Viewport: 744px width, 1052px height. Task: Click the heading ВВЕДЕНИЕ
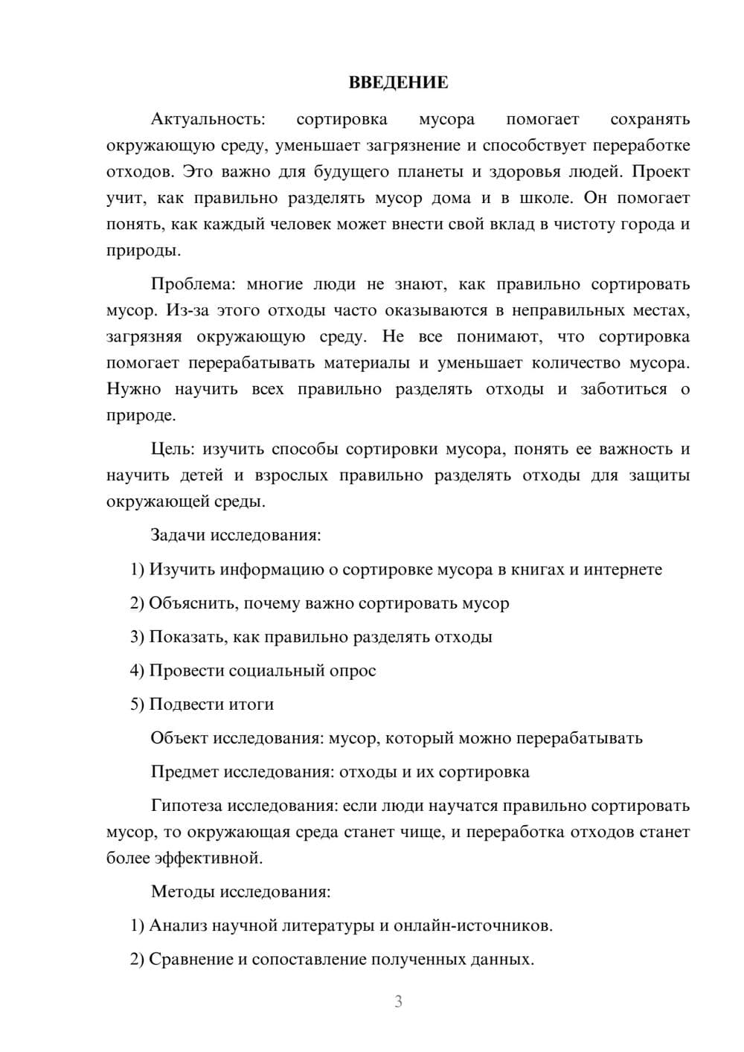click(398, 83)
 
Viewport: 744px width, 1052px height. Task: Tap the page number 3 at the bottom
click(398, 1001)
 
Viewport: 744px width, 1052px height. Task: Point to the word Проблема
click(195, 284)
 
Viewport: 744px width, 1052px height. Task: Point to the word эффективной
click(208, 858)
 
